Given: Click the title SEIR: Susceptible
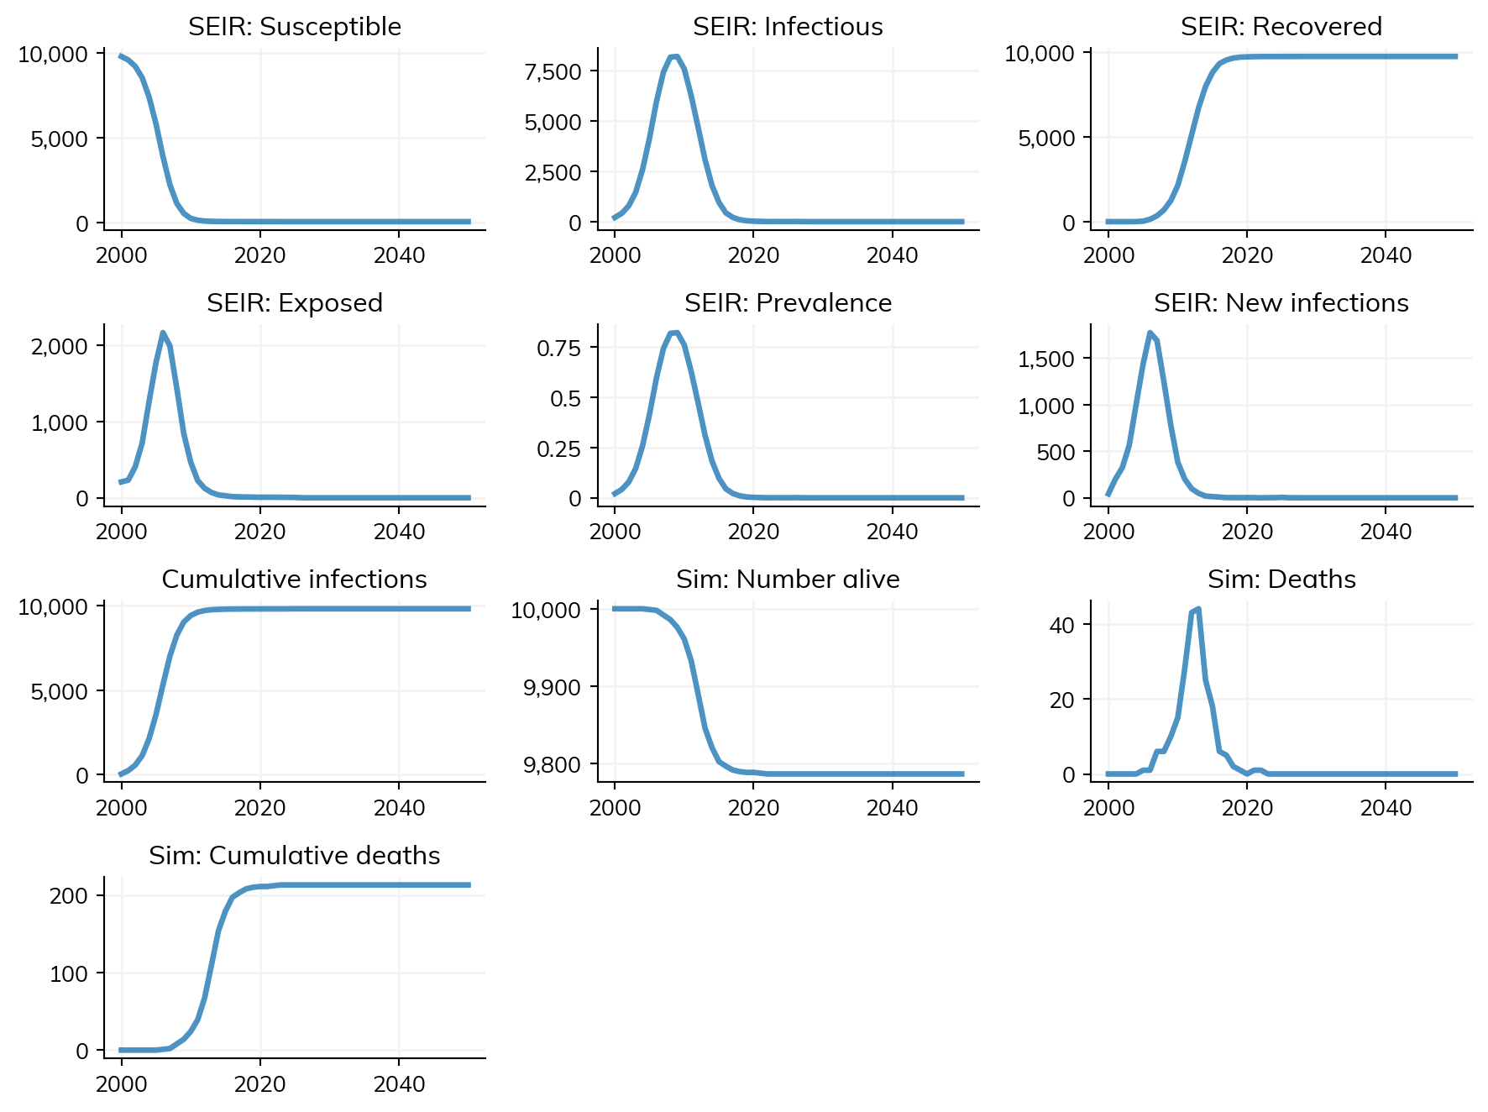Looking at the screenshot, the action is pos(295,27).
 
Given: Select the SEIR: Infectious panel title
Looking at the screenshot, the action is pos(788,27).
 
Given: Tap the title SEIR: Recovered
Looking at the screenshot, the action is pos(1281,27).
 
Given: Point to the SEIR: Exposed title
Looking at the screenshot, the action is pos(295,303).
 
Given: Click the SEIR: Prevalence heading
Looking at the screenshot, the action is pos(788,303).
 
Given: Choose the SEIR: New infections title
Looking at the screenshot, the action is pos(1281,303).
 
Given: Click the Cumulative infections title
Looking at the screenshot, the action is pos(295,580).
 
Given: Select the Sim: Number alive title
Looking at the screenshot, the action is pos(788,580).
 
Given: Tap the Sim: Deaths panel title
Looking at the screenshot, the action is pos(1281,580).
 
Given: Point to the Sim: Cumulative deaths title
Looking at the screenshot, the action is pos(295,856).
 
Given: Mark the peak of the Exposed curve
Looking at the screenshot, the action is pos(163,333).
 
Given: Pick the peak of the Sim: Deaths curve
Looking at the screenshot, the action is pos(1198,609).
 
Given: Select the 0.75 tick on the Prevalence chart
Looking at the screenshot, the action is pos(559,349).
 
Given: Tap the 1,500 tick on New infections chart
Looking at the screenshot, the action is pos(1046,359).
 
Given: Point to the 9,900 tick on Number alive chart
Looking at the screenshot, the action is pos(552,688).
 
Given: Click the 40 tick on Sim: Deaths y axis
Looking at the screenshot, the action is pos(1062,625).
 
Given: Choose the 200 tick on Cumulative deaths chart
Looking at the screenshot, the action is pos(69,896).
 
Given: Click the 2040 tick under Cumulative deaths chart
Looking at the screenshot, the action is pos(399,1084).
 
